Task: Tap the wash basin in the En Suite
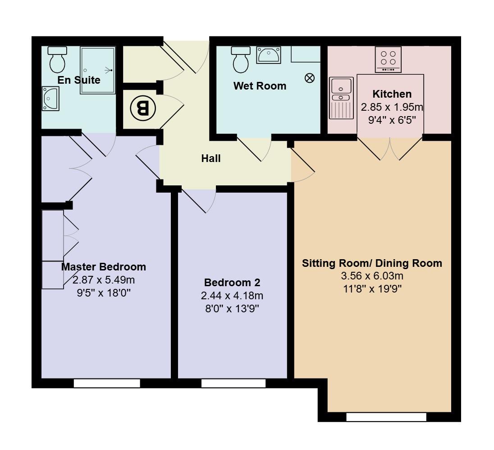(50, 98)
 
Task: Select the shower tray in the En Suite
(97, 70)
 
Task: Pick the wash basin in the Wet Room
(269, 55)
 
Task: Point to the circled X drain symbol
(310, 78)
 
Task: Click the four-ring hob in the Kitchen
(388, 59)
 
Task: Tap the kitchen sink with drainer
(341, 98)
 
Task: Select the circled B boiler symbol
(142, 108)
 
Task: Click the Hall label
(211, 158)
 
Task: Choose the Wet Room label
(260, 85)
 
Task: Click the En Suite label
(79, 80)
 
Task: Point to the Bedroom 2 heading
(232, 283)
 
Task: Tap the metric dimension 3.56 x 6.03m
(372, 276)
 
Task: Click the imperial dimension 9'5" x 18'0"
(104, 293)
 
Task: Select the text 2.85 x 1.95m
(392, 108)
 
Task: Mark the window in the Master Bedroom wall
(107, 383)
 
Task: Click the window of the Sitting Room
(386, 417)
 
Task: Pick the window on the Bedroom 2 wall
(233, 383)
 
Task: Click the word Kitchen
(392, 94)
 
